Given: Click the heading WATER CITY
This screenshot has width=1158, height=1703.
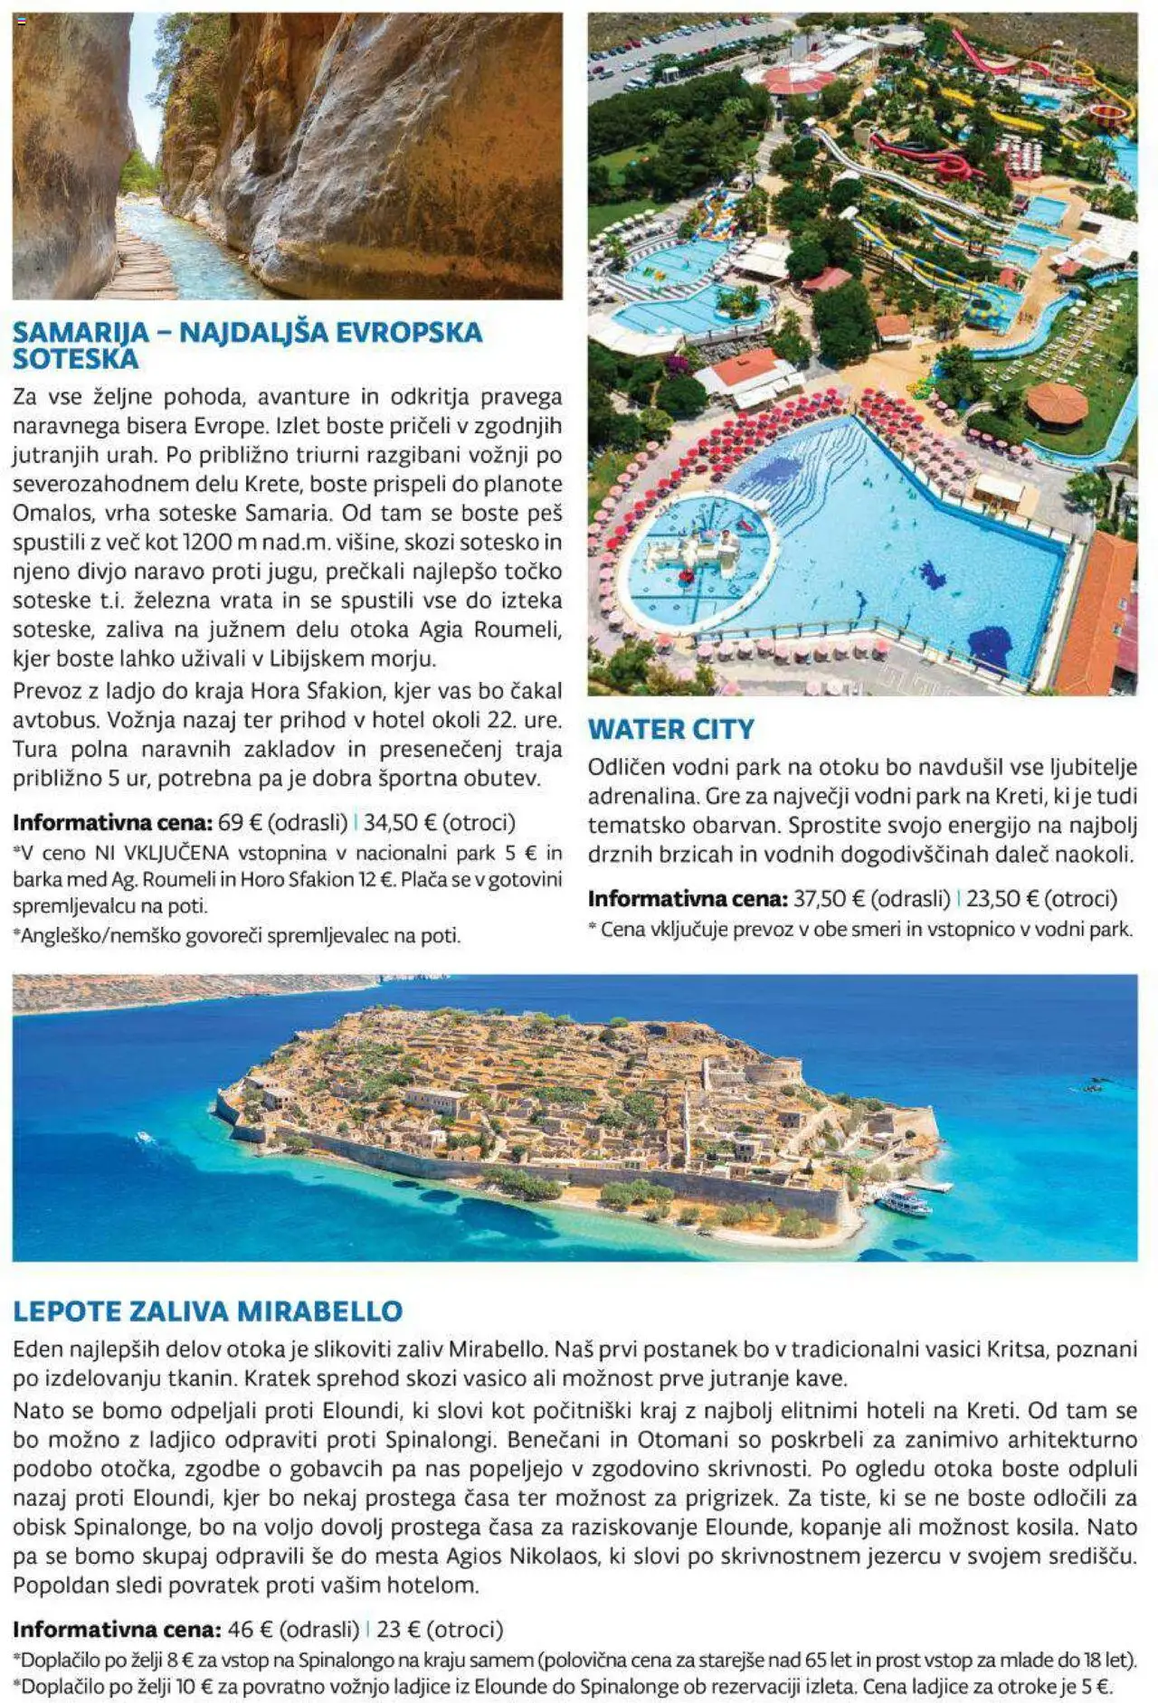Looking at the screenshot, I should pos(670,729).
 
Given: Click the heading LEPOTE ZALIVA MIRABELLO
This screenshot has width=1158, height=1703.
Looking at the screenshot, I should pos(207,1310).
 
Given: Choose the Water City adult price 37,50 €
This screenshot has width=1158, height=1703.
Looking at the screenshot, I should pos(822,899).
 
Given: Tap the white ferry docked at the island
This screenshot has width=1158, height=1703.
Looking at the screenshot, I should pos(902,1202).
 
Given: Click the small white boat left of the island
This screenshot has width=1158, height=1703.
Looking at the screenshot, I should pos(144,1138).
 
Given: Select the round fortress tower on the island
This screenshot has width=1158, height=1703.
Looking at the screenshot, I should pos(774,1073).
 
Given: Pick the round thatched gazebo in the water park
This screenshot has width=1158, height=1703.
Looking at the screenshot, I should pos(1057,403).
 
